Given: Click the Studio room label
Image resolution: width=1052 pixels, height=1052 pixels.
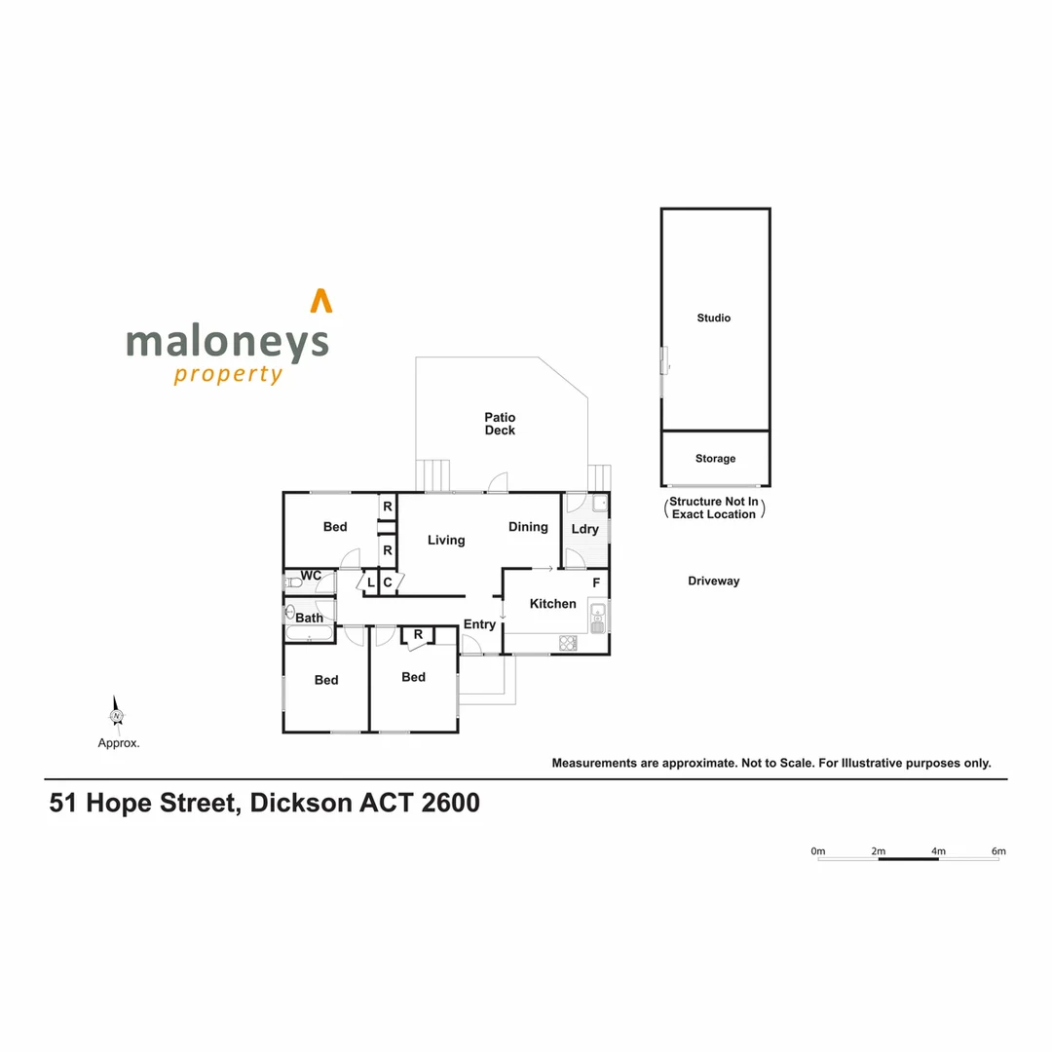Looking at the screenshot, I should pos(713,319).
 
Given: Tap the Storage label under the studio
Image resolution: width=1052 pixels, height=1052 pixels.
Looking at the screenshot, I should pos(715,459).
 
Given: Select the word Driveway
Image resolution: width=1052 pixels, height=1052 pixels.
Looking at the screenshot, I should pos(713,582).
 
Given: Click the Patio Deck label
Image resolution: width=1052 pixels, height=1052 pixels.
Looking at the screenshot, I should pos(500,424).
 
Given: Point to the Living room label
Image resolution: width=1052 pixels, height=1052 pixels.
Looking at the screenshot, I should pos(446,541).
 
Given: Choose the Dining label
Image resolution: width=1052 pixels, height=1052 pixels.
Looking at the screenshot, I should pos(528,527).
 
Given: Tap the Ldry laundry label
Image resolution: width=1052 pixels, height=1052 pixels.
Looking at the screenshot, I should pos(584,530).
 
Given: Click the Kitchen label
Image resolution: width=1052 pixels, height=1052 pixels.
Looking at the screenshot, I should pos(552,604).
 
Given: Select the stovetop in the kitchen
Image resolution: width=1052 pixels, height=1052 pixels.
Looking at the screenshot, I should pos(568,642).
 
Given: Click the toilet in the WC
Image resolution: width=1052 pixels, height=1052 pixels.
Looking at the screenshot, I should pos(293,582).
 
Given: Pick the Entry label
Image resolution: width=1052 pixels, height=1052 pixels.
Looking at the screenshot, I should pos(479,624).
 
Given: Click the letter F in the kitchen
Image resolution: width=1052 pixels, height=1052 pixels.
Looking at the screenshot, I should pos(596,582).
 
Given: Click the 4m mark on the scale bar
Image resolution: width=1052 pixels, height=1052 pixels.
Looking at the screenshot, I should pos(938,852).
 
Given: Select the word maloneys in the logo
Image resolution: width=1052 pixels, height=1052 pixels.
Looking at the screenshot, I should pos(227,343).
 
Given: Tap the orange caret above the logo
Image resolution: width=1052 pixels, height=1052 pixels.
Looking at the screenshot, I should pos(320,301).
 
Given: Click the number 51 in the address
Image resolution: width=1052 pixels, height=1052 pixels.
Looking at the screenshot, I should pos(63,805).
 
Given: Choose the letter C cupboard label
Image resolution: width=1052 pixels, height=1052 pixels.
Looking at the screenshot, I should pos(387,582).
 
